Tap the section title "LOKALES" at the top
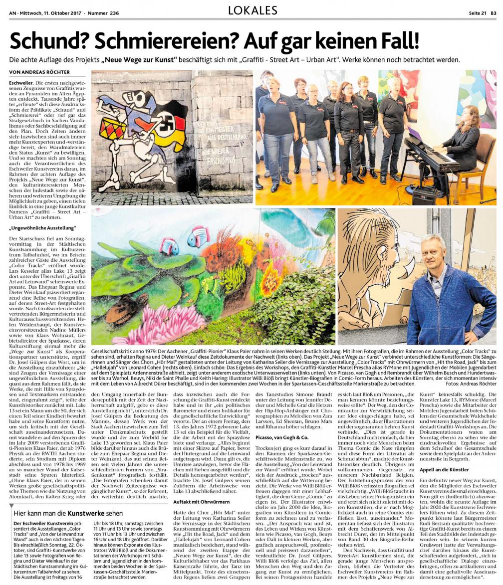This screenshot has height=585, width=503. (x=251, y=10)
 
